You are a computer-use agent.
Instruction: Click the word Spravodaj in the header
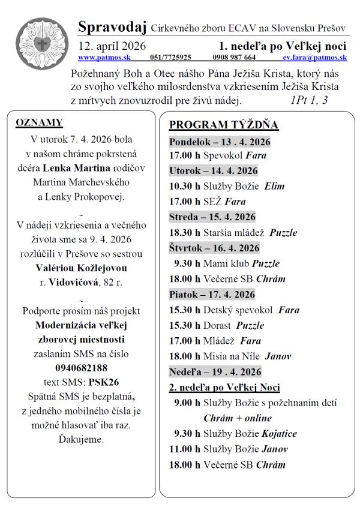112,27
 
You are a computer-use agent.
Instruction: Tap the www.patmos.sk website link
104,58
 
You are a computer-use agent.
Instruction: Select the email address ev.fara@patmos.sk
315,58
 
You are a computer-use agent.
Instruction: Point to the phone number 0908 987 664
234,58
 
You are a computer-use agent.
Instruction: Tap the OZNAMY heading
39,122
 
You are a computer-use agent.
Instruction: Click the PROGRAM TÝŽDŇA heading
224,125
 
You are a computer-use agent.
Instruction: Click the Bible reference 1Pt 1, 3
309,100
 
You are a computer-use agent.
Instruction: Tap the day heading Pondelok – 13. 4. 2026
220,142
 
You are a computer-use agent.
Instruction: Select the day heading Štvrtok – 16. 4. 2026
214,248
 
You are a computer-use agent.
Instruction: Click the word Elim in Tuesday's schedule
275,186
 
